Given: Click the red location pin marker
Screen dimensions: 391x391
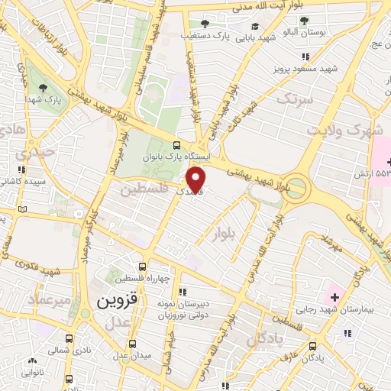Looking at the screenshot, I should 197,179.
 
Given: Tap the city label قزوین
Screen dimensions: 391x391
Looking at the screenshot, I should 117,301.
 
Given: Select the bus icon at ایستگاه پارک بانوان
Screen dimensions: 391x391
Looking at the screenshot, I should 178,145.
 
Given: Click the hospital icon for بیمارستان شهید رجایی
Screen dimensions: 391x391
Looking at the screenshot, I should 334,296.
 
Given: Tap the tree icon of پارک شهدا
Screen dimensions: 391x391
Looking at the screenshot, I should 42,87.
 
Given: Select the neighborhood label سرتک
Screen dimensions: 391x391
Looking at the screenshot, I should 295,99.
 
